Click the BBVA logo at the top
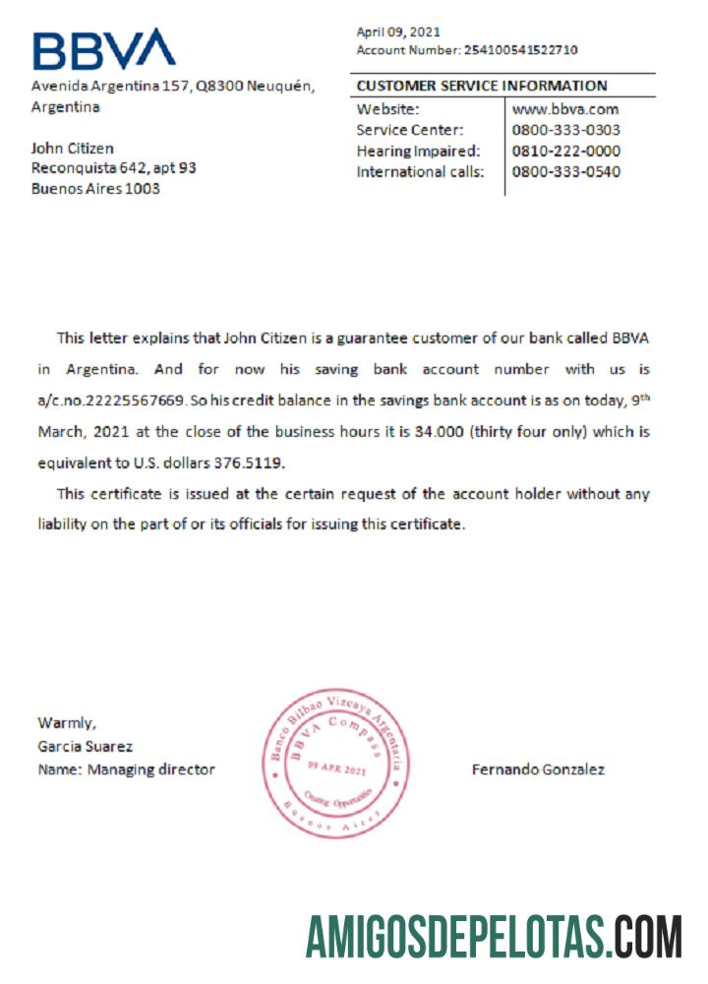pyautogui.click(x=103, y=49)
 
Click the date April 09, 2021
pyautogui.click(x=398, y=31)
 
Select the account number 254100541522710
pyautogui.click(x=520, y=49)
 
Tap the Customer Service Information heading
pyautogui.click(x=482, y=86)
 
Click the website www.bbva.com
pyautogui.click(x=565, y=109)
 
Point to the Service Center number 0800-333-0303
pyautogui.click(x=566, y=130)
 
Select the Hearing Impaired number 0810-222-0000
pyautogui.click(x=566, y=151)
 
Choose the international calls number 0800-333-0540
pyautogui.click(x=566, y=171)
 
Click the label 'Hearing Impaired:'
pyautogui.click(x=418, y=151)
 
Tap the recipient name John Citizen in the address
pyautogui.click(x=73, y=148)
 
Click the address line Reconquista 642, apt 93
pyautogui.click(x=114, y=168)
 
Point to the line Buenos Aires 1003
pyautogui.click(x=95, y=189)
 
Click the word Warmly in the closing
pyautogui.click(x=67, y=723)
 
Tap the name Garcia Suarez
pyautogui.click(x=85, y=747)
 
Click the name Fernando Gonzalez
pyautogui.click(x=538, y=769)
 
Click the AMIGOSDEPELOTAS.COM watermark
pyautogui.click(x=494, y=937)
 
